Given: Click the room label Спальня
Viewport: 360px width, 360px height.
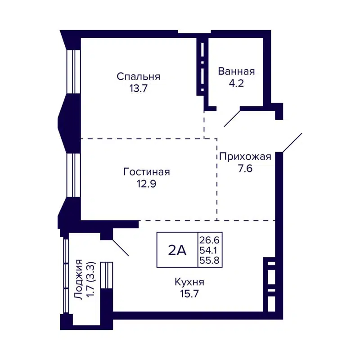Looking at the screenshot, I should (x=139, y=76).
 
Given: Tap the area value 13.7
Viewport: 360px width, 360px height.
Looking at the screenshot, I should (x=139, y=88).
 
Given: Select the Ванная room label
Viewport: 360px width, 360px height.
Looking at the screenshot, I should (x=236, y=72).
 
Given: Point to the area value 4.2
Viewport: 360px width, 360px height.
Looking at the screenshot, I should (x=236, y=83).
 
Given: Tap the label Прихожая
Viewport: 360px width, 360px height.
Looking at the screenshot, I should (x=245, y=157).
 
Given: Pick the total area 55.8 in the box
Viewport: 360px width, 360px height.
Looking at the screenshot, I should (x=211, y=261).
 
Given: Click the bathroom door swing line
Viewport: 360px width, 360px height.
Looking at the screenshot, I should (x=232, y=117).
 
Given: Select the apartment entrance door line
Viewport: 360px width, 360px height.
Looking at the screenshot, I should (x=292, y=143).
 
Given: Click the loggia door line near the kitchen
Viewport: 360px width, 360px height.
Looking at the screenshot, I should (x=120, y=247).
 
